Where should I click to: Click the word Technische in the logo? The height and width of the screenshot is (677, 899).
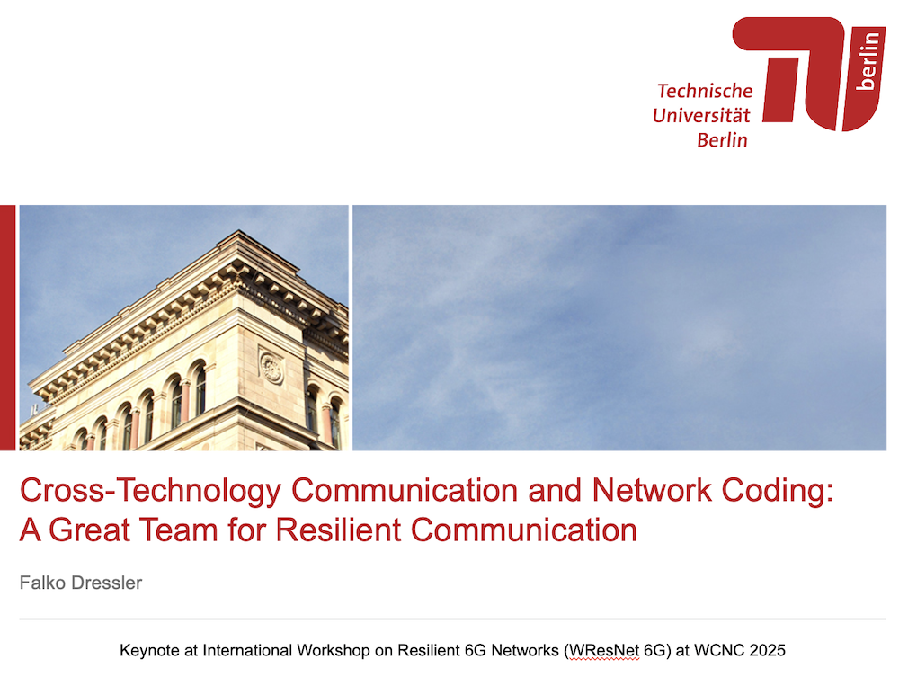[705, 91]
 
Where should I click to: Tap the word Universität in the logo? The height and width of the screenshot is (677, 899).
[701, 115]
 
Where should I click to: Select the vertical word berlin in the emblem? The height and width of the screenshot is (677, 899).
[868, 61]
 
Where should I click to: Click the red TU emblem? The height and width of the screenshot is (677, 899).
[809, 74]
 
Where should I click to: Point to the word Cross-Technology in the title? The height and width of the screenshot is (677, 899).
[151, 491]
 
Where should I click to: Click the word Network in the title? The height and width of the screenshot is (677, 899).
[651, 490]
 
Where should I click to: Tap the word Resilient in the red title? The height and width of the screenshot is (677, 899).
[338, 530]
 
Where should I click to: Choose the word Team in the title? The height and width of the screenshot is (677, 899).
[178, 530]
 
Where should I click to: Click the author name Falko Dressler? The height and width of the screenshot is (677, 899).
[81, 583]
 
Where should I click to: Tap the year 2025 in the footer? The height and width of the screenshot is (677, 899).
[767, 650]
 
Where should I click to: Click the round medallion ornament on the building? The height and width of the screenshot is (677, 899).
[271, 368]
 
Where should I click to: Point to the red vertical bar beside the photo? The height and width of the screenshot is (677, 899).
[7, 327]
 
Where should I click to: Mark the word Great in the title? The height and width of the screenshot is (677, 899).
[89, 530]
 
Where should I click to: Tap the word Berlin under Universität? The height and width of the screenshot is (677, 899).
[723, 140]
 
